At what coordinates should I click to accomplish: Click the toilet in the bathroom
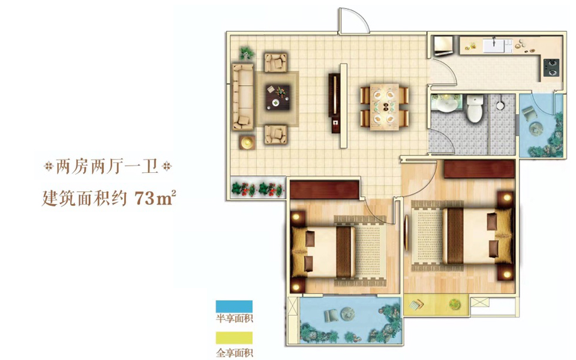474,109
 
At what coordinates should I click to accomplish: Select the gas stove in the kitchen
551,68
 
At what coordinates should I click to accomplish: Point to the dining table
384,107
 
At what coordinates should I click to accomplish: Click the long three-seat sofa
243,97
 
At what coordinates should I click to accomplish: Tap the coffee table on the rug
277,97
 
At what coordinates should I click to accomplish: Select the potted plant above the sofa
247,53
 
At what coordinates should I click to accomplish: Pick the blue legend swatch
234,307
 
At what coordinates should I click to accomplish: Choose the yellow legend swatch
234,338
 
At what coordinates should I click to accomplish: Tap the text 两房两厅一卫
107,167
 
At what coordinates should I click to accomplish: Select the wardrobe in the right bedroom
479,169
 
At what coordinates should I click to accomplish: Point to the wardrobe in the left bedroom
325,190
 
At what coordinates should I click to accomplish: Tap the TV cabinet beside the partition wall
335,103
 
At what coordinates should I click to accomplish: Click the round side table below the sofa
247,142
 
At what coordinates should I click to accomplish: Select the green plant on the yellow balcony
455,304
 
